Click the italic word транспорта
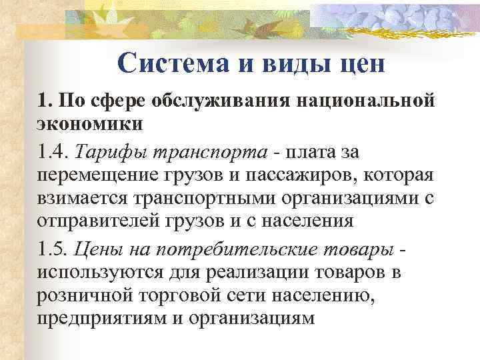213,153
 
